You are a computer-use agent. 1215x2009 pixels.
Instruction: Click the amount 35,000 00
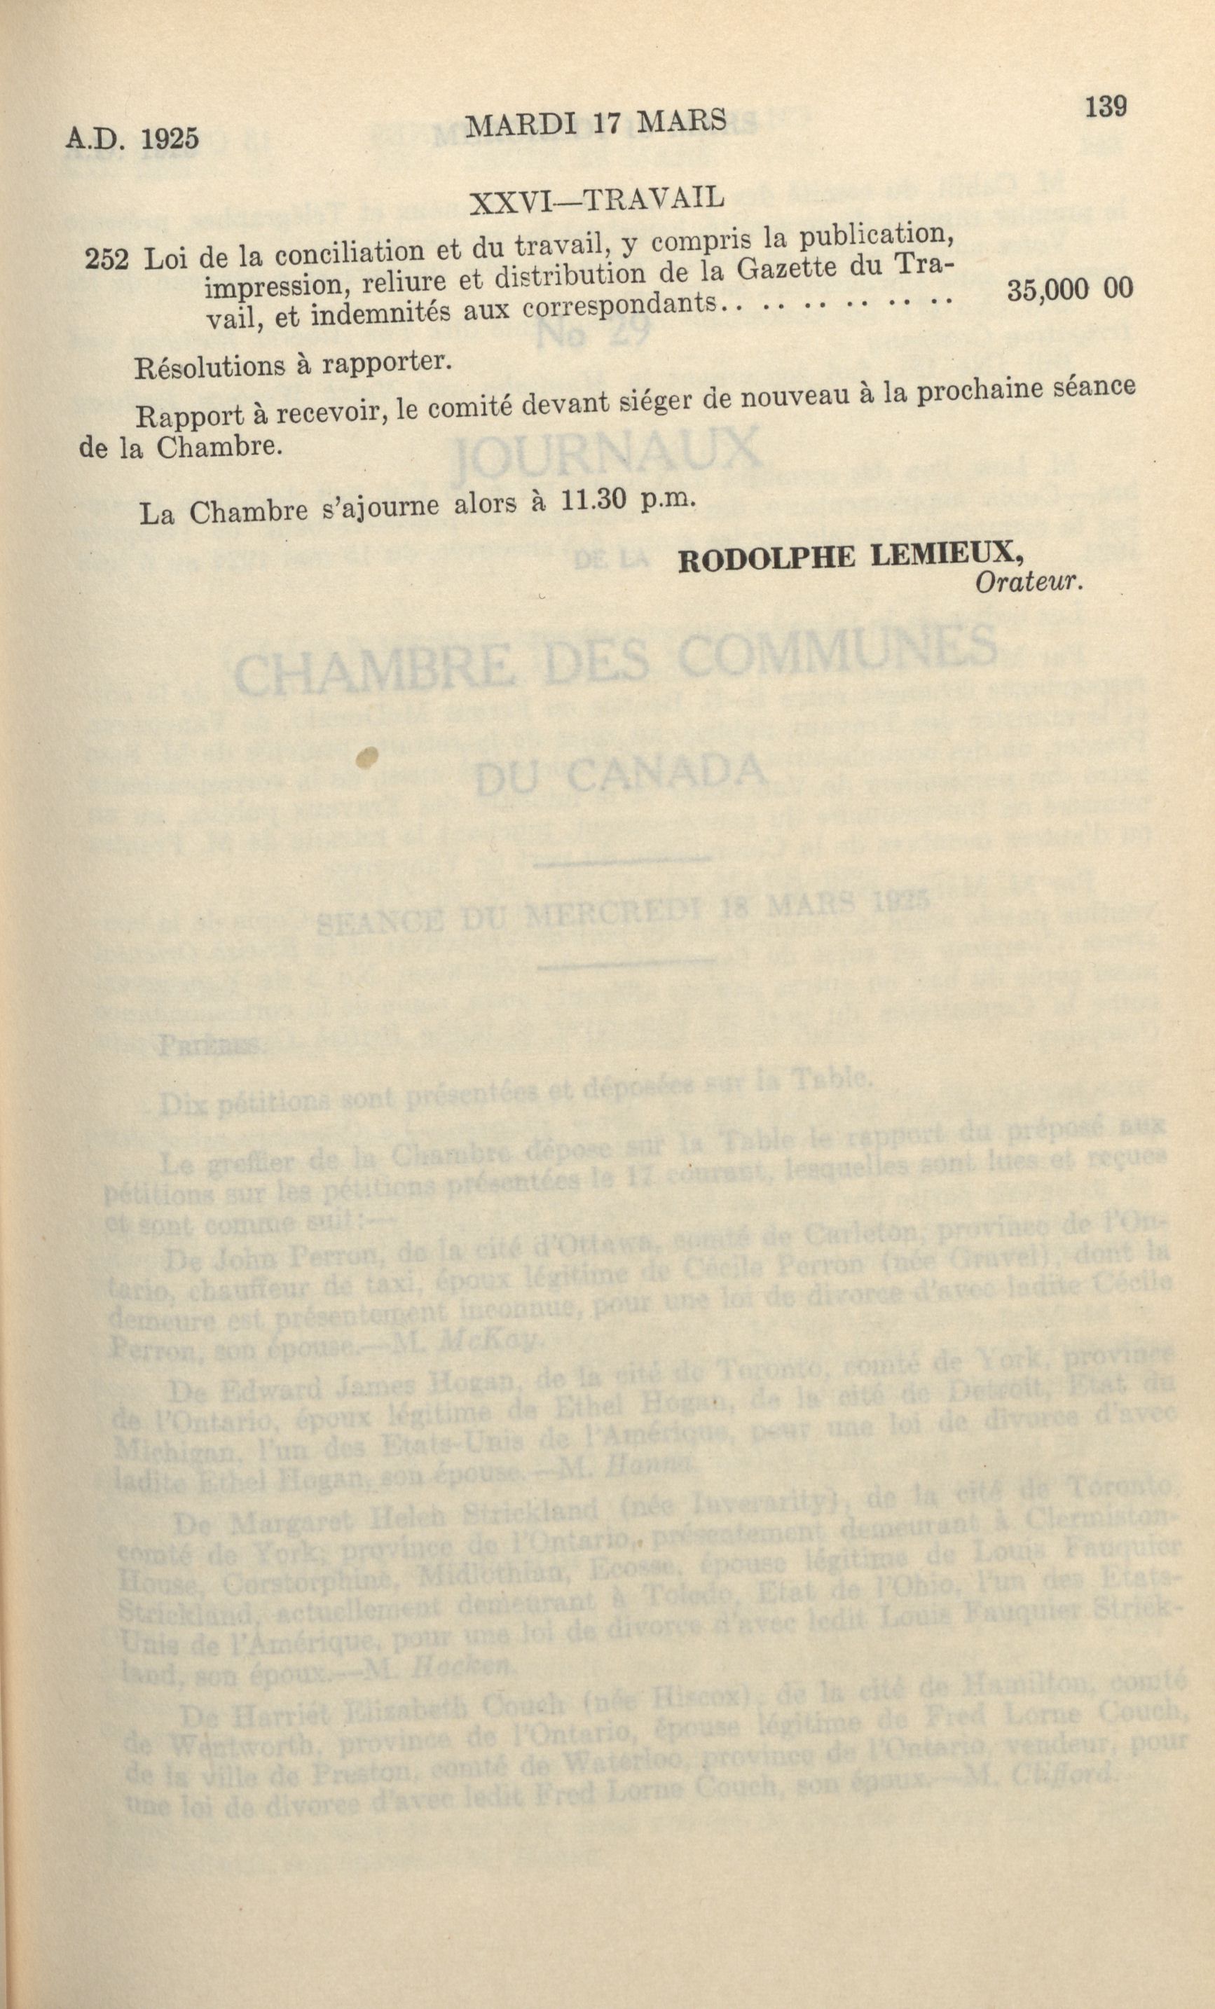tap(1070, 291)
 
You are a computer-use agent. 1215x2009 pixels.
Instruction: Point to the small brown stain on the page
tap(367, 757)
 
